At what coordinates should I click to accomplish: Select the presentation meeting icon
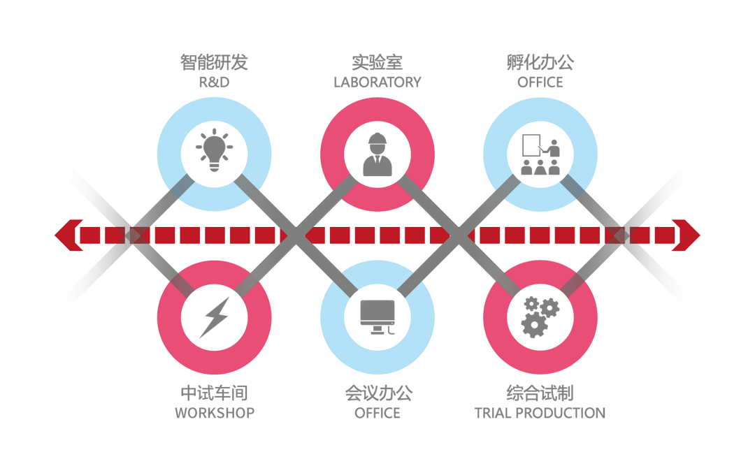[x=540, y=154]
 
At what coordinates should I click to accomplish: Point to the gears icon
[x=540, y=316]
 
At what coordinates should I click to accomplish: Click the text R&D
[x=214, y=82]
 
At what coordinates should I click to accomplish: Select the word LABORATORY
[x=377, y=82]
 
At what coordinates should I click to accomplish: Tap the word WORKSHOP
[x=214, y=413]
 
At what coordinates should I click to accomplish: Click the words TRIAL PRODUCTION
[x=540, y=413]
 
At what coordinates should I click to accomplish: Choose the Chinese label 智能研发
[x=214, y=63]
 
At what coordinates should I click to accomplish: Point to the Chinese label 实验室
[x=377, y=63]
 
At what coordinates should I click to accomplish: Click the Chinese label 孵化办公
[x=540, y=63]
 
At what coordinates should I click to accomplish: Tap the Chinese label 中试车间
[x=214, y=393]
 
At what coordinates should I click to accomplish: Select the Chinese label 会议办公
[x=377, y=393]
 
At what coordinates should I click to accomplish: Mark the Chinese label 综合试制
[x=540, y=393]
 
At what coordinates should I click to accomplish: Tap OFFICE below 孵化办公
[x=540, y=82]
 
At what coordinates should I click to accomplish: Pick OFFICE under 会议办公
[x=377, y=413]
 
